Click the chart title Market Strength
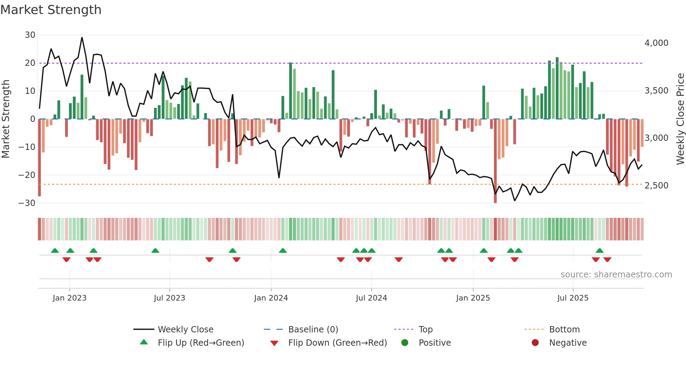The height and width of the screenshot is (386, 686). [51, 10]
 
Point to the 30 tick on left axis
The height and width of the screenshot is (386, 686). [30, 35]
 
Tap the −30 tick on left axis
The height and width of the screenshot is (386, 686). [27, 203]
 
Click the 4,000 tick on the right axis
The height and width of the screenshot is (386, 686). [656, 43]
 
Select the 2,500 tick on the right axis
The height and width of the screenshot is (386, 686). [656, 186]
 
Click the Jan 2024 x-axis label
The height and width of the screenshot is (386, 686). [271, 298]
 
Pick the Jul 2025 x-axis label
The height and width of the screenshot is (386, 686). [573, 298]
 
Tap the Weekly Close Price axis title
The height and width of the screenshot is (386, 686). [680, 119]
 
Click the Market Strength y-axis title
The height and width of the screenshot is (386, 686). [6, 119]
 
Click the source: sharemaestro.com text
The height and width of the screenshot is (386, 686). [616, 275]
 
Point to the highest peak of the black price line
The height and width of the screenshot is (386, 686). [82, 37]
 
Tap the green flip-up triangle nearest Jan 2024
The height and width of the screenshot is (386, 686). [283, 250]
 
